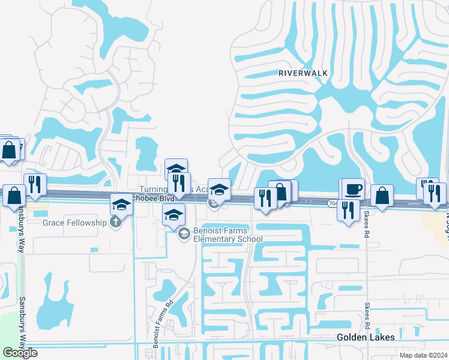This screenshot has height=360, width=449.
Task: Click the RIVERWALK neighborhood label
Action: [x=303, y=73]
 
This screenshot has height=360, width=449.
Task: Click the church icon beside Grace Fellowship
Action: [x=116, y=223]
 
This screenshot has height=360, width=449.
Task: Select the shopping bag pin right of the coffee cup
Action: [x=382, y=195]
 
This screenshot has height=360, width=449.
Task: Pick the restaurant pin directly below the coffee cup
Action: [x=348, y=210]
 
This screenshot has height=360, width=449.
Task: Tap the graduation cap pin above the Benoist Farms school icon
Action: [x=174, y=214]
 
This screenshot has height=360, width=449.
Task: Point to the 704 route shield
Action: [x=333, y=204]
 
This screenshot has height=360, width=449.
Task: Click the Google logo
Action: [x=20, y=353]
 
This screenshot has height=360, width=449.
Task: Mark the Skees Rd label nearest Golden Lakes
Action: [x=367, y=316]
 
